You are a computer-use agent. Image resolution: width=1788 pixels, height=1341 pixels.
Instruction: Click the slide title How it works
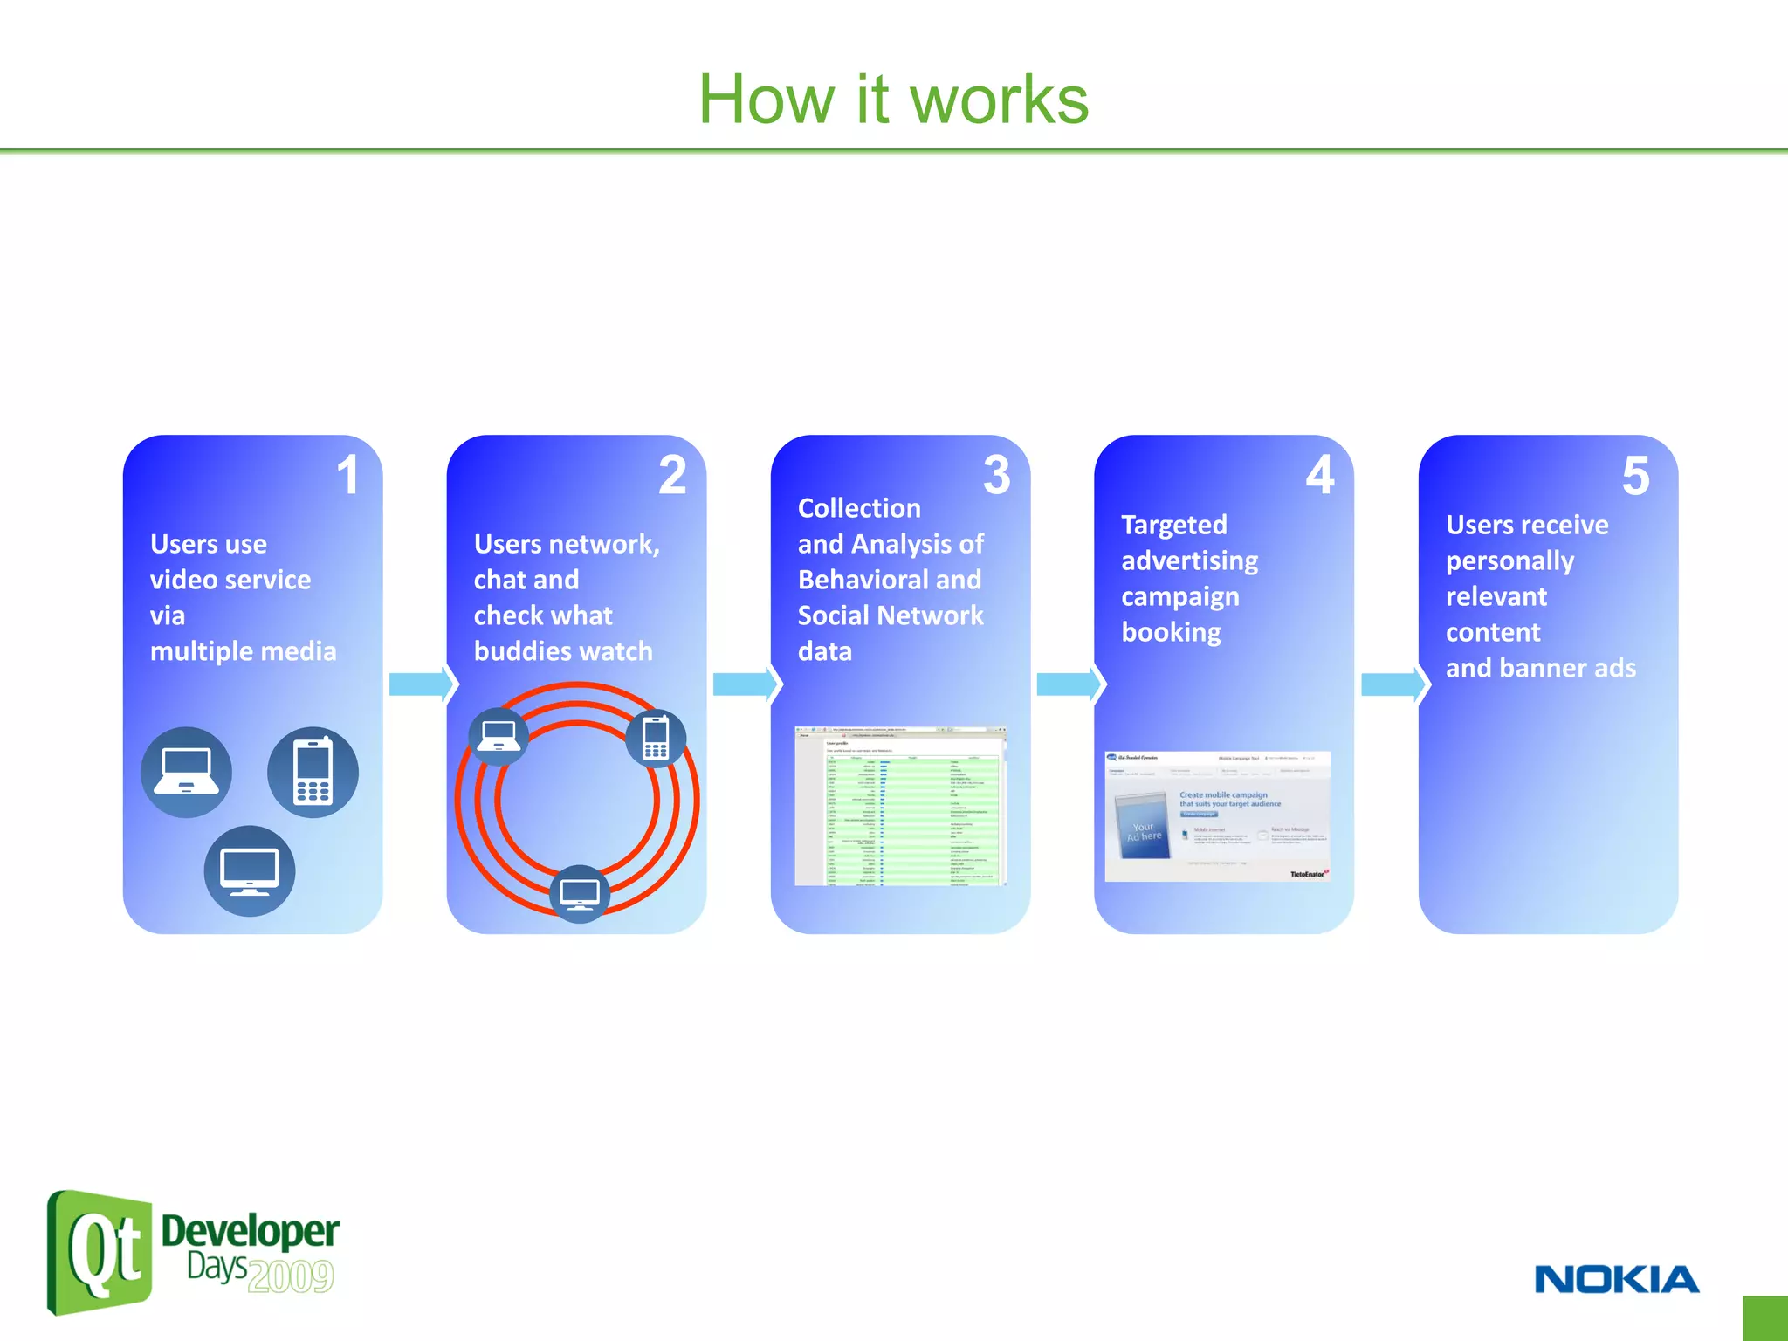(x=893, y=100)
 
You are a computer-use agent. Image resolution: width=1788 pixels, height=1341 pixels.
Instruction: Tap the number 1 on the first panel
(x=347, y=475)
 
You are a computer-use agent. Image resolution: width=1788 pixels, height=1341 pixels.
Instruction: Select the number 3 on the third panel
(x=996, y=475)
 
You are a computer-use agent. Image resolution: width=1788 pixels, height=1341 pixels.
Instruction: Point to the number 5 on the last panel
(x=1635, y=476)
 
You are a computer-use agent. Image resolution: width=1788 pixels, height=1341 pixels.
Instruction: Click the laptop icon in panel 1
(x=186, y=772)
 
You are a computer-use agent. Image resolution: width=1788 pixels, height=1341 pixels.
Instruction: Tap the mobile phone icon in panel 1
(x=313, y=772)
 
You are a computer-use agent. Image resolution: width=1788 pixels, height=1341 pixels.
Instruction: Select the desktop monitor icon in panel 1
(x=250, y=870)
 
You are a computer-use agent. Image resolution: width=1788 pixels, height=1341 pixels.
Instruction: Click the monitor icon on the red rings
(x=580, y=893)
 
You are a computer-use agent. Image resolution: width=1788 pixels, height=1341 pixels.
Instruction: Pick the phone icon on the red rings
(x=656, y=738)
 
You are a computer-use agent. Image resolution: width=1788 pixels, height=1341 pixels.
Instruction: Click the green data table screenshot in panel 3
(x=901, y=806)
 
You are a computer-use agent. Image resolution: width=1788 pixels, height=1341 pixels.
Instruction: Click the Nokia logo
(x=1616, y=1280)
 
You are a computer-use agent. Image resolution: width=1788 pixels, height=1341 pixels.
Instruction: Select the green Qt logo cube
(x=100, y=1252)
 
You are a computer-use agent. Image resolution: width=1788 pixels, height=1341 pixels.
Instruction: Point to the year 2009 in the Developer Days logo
(x=291, y=1276)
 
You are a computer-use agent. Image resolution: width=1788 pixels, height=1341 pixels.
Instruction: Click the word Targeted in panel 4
(x=1173, y=525)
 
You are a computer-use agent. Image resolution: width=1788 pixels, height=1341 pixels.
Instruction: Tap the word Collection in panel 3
(x=859, y=508)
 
